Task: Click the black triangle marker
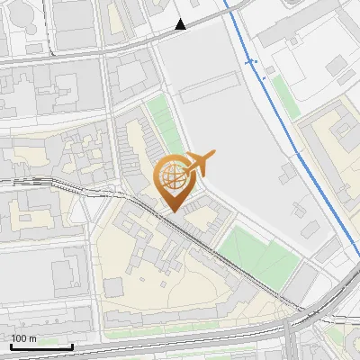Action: (x=182, y=24)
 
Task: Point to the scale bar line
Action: (x=41, y=346)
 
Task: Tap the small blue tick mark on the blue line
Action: (x=251, y=62)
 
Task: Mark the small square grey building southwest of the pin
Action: (x=112, y=286)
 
